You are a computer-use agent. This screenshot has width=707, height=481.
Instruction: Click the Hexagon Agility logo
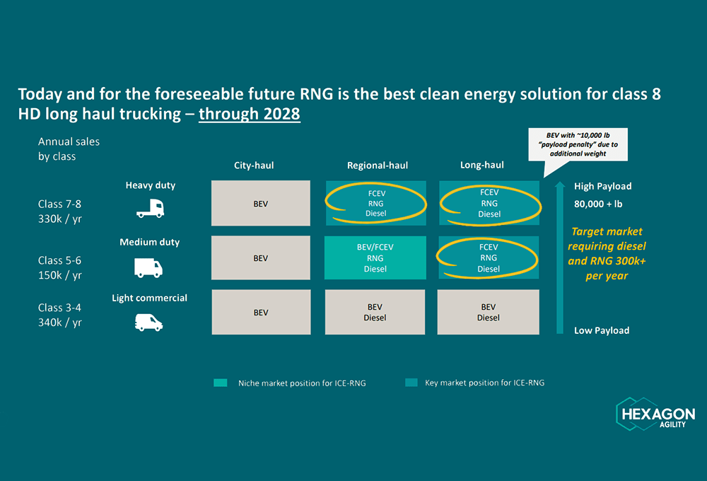point(655,414)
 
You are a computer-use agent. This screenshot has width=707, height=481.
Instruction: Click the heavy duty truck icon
point(150,209)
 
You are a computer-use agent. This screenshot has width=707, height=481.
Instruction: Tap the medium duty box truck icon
point(148,267)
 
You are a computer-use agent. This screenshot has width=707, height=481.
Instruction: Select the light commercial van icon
point(148,323)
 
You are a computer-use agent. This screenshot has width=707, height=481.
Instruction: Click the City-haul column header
point(254,165)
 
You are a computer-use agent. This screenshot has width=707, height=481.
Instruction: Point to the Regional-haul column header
point(378,165)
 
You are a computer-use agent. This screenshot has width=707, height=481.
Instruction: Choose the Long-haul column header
point(482,165)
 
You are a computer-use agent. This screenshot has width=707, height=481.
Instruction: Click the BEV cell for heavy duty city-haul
point(261,203)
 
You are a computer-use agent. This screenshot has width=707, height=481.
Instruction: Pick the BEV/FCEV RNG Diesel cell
point(375,257)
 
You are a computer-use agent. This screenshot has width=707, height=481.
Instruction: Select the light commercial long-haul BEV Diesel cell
point(489,312)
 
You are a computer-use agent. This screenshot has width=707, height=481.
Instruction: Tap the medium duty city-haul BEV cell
point(261,257)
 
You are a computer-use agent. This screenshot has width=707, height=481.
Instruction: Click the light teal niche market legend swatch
point(221,383)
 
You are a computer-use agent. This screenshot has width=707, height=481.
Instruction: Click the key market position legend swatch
point(411,383)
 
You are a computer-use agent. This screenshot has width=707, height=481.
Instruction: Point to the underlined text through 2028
point(250,114)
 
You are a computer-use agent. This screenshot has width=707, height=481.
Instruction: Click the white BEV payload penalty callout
point(578,144)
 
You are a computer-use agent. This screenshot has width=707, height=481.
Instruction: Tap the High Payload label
point(603,186)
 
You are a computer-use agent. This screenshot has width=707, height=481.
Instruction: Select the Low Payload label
point(602,330)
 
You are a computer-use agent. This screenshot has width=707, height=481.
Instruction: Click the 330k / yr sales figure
point(60,219)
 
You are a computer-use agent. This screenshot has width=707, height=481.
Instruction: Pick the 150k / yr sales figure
point(60,275)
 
